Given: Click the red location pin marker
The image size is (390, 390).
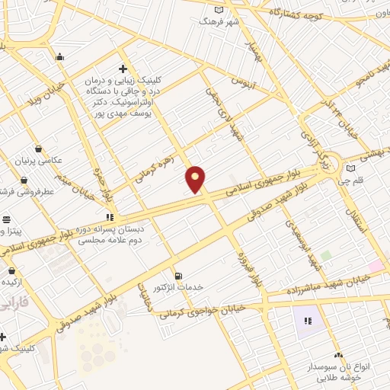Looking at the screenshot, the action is pyautogui.click(x=196, y=179).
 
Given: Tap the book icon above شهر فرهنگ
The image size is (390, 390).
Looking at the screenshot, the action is pyautogui.click(x=219, y=9).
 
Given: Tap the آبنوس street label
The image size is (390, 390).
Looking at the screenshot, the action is pyautogui.click(x=245, y=78).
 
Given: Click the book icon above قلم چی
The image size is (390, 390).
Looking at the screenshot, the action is pyautogui.click(x=350, y=168).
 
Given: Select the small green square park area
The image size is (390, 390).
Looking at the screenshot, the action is pyautogui.click(x=326, y=256).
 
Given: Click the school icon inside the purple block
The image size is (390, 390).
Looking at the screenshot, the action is pyautogui.click(x=308, y=321).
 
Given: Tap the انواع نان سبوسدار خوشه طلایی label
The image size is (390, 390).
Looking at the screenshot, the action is pyautogui.click(x=352, y=372).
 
